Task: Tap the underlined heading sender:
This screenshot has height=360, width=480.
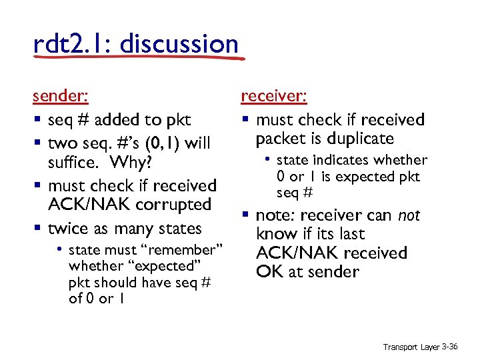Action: [60, 96]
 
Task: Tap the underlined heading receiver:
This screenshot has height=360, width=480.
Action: [273, 96]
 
